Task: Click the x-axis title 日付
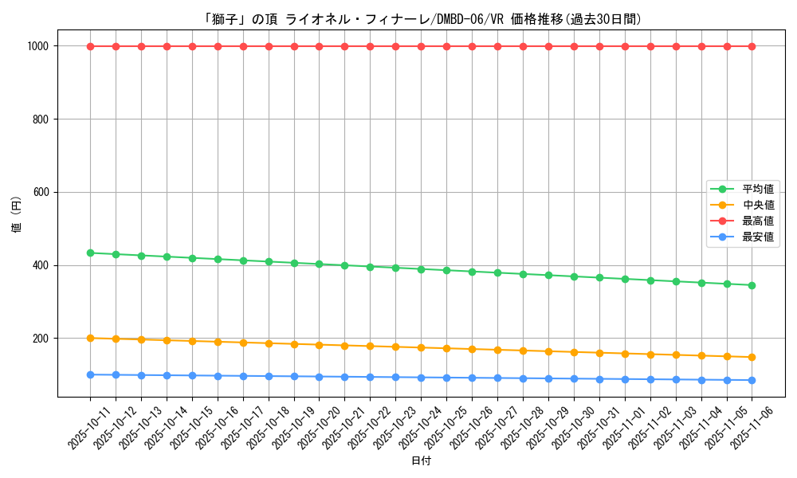click(x=421, y=461)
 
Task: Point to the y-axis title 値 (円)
click(x=17, y=215)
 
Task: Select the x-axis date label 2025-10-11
click(x=89, y=427)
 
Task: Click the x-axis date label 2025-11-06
click(x=752, y=427)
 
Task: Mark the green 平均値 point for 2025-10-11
click(x=90, y=253)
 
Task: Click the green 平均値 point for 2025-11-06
click(x=752, y=285)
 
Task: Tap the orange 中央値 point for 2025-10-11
click(x=90, y=338)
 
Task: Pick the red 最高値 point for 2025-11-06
click(x=752, y=46)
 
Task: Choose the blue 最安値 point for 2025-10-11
click(x=90, y=374)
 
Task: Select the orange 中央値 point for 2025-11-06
click(x=752, y=357)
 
